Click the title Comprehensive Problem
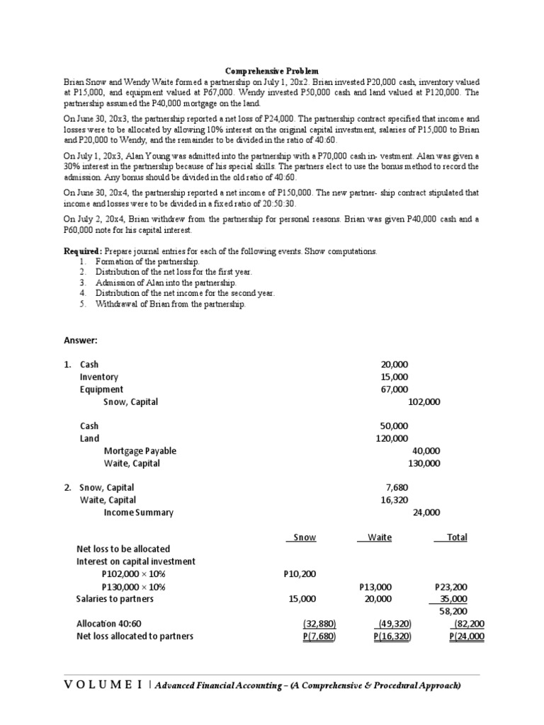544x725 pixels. tap(272, 71)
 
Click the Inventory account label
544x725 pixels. tap(99, 377)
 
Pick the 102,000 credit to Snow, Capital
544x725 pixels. tap(424, 401)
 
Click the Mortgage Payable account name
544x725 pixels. tap(140, 451)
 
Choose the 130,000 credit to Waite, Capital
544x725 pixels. tap(424, 463)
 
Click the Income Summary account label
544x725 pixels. tap(138, 513)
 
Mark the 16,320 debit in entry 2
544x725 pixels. tap(395, 500)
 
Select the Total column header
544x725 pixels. tap(456, 537)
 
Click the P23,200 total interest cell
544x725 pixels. tap(450, 587)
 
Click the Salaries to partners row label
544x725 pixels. tap(114, 599)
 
